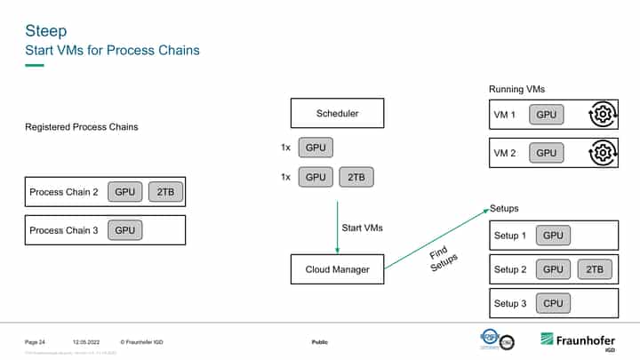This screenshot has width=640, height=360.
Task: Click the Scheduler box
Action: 337,114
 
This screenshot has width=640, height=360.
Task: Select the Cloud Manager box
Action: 337,269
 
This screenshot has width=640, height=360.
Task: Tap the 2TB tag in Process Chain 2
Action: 165,192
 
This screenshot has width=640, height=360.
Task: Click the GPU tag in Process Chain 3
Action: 125,230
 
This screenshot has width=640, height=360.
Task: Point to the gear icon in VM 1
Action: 602,116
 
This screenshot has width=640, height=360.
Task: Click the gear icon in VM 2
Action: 602,153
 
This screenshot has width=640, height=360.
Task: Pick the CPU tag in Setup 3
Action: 553,304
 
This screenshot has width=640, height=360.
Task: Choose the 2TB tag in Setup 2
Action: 594,269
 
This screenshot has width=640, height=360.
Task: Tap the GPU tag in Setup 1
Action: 553,236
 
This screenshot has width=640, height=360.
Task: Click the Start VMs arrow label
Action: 363,228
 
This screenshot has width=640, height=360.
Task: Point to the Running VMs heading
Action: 517,90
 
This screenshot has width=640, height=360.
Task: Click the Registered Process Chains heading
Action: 81,128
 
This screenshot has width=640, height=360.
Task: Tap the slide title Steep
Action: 45,31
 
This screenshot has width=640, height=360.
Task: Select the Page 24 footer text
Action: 35,342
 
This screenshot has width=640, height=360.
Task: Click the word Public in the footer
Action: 320,342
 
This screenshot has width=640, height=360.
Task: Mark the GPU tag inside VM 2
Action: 547,153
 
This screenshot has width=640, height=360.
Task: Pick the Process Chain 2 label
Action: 63,192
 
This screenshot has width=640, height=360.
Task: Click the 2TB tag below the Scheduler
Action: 356,177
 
